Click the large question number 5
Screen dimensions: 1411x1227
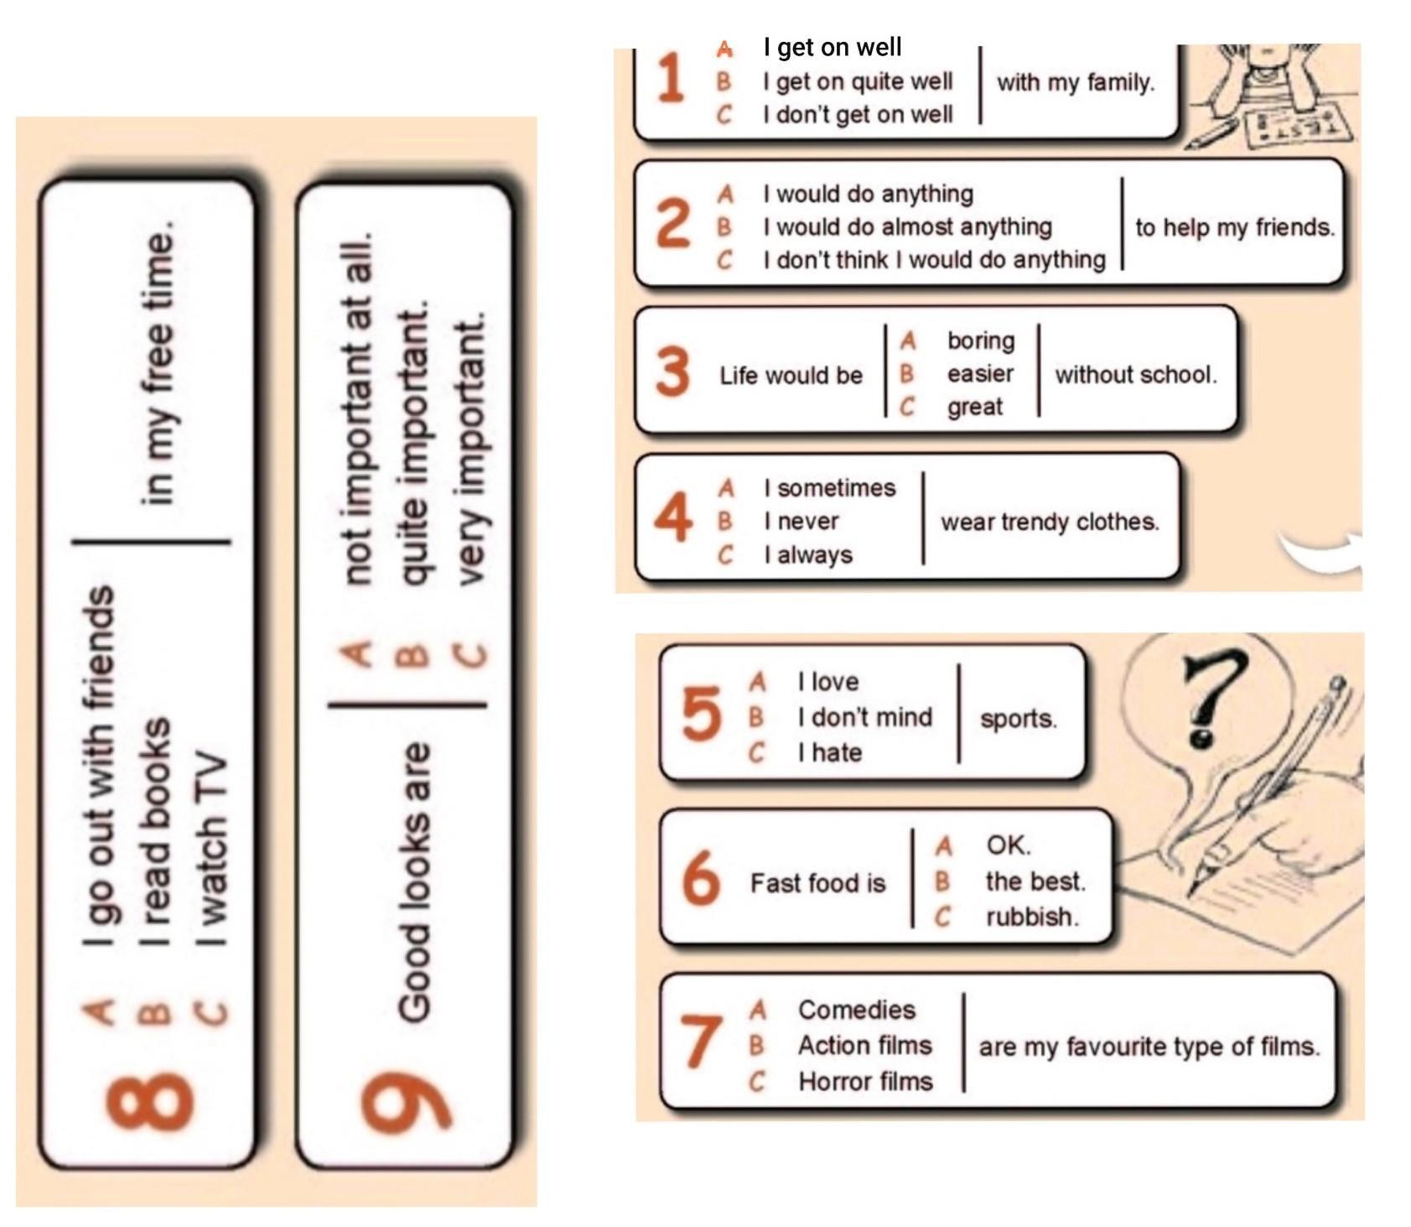pos(701,714)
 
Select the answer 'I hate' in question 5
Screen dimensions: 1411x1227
pos(830,752)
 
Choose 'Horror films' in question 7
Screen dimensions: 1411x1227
pos(865,1081)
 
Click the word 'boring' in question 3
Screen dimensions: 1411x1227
pos(981,341)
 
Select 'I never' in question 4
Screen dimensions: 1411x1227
pos(801,521)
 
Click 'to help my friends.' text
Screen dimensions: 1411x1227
pos(1235,227)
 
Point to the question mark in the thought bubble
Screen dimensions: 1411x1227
pos(1211,699)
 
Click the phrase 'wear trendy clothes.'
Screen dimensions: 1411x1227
pos(1050,522)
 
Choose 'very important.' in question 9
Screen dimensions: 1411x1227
pos(470,449)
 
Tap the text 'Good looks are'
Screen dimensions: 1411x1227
pos(416,883)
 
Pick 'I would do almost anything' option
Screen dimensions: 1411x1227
pos(907,226)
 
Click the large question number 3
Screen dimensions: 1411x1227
pos(672,371)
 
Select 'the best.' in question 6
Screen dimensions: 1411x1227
pos(1035,881)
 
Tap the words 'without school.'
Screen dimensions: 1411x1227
pos(1136,374)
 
